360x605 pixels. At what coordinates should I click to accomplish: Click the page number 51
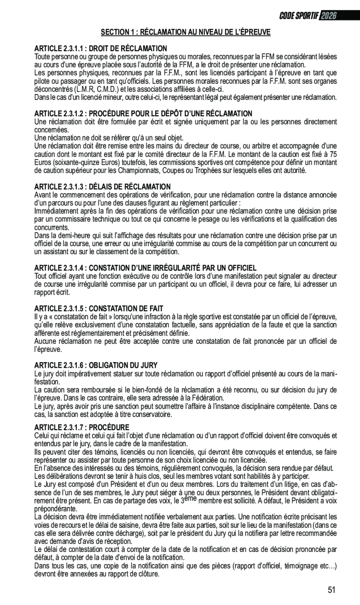click(x=331, y=590)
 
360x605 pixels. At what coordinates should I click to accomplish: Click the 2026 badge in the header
click(x=328, y=15)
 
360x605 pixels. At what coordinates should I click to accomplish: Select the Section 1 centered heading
click(x=186, y=32)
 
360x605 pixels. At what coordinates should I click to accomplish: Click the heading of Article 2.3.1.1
click(x=101, y=48)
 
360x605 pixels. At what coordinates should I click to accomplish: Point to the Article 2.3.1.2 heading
click(x=143, y=114)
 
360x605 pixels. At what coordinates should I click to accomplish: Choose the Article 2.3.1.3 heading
click(x=102, y=187)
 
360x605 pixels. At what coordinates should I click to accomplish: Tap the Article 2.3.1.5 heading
click(x=99, y=308)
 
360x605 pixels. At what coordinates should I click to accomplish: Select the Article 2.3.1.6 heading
click(x=96, y=365)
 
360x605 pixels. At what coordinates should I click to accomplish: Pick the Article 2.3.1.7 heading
click(x=82, y=427)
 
